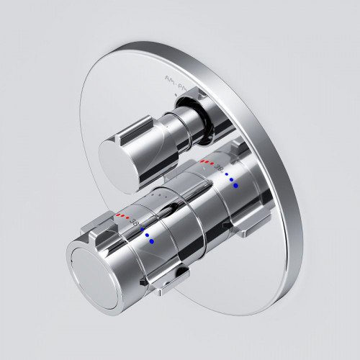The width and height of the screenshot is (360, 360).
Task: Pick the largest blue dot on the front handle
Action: (x=153, y=242)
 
